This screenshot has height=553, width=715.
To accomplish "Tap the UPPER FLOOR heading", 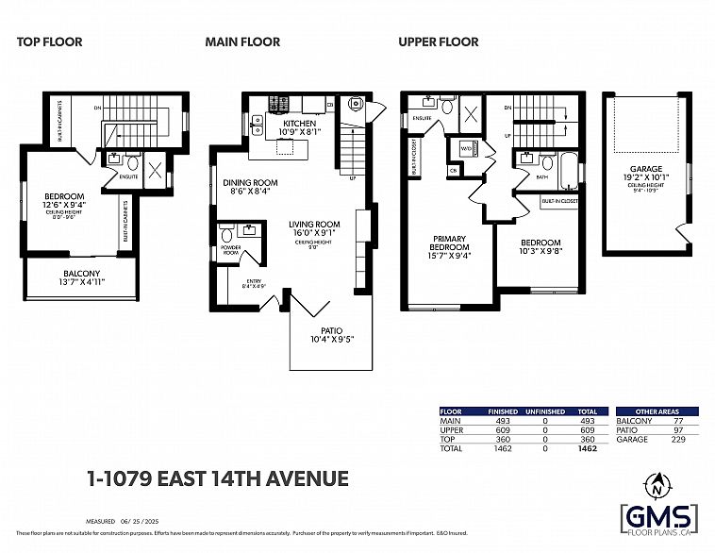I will pos(438,42).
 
